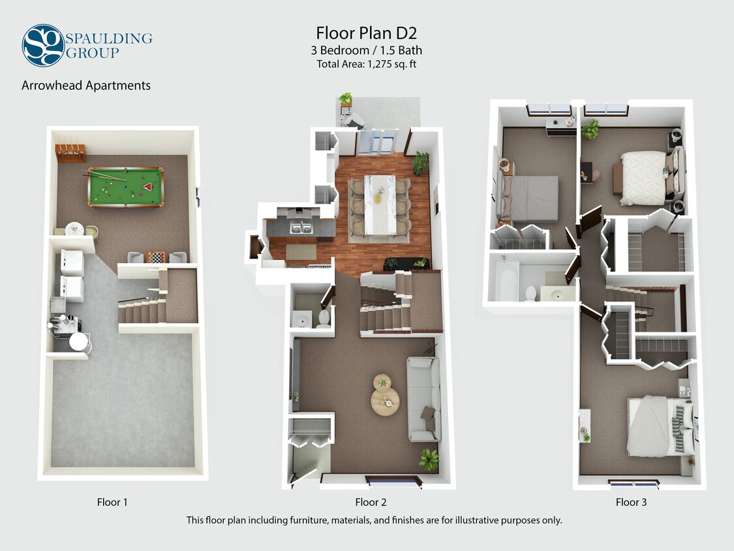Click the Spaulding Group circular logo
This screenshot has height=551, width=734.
coord(43,45)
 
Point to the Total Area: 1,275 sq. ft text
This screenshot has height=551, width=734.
coord(367,64)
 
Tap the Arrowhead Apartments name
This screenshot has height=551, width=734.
coord(86,86)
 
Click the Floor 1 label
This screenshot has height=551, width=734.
coord(112,502)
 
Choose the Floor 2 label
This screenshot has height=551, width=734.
coord(371,502)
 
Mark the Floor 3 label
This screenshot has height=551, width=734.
coord(632,502)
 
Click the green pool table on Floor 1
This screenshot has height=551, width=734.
coord(125,187)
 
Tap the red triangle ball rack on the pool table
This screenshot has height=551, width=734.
coord(148,187)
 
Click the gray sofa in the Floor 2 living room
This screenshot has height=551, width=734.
coord(423,398)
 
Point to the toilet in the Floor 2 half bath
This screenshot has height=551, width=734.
coord(324,318)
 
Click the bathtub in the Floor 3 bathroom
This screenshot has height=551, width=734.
coord(506,282)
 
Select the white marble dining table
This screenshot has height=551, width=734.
coord(379,204)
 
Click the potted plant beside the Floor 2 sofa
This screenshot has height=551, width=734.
coord(429,460)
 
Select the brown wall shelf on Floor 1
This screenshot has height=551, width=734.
coord(70,153)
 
